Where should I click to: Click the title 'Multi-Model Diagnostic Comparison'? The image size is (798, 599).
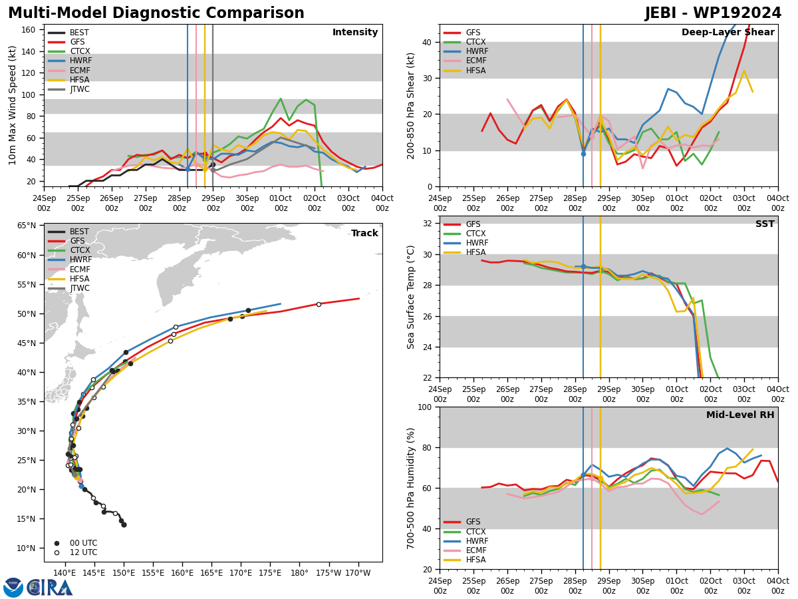pos(156,13)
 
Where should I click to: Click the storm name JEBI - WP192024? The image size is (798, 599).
pos(713,13)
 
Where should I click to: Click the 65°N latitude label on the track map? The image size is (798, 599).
pos(27,226)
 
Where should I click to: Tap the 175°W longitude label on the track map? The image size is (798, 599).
pos(329,573)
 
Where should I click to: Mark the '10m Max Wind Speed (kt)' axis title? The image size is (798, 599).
pos(12,105)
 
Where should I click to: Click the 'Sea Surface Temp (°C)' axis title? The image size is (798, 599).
pos(410,297)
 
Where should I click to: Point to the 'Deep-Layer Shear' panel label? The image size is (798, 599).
pos(728,32)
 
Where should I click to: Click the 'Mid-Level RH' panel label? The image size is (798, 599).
pos(740,415)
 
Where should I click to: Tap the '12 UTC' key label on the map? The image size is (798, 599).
pos(84,552)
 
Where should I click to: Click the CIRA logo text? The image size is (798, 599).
pos(50,587)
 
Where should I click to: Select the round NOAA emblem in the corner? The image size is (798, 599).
pos(13,587)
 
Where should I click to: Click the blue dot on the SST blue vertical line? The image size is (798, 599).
pos(583,267)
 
